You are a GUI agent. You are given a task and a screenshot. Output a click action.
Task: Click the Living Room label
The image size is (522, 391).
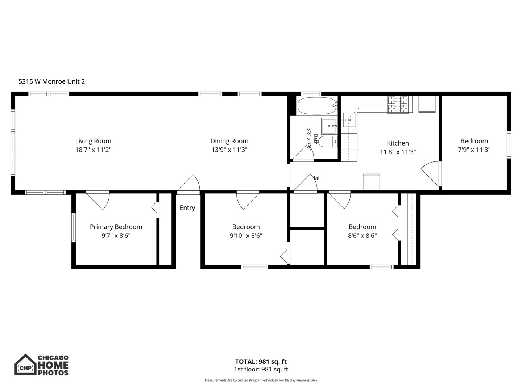click(93, 141)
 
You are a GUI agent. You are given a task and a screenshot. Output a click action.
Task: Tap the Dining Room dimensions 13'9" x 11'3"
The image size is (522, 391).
click(229, 150)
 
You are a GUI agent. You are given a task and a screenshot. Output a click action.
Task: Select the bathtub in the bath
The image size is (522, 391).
click(317, 106)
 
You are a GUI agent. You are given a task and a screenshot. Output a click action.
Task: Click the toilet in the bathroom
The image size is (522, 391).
click(328, 142)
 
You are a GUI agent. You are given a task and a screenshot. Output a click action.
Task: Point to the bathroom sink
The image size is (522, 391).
click(329, 126)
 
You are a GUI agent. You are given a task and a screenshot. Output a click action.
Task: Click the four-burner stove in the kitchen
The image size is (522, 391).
click(398, 105)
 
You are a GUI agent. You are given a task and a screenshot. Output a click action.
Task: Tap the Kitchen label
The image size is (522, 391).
click(398, 143)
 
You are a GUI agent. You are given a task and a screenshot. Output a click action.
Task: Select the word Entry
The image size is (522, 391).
click(187, 208)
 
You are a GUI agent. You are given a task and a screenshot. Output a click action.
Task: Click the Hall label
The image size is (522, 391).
click(316, 178)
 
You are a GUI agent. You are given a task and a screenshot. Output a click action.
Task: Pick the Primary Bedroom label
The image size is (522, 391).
click(116, 227)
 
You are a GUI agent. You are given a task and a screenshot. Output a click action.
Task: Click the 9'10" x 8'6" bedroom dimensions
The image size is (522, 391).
click(246, 236)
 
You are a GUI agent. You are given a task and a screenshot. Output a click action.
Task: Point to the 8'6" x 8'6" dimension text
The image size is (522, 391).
click(362, 236)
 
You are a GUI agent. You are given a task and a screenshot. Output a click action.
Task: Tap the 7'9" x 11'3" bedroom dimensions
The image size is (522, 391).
click(474, 150)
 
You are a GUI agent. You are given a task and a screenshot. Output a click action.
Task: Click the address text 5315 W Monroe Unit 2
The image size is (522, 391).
click(51, 82)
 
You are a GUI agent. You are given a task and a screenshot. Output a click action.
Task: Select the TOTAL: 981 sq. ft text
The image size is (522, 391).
click(261, 362)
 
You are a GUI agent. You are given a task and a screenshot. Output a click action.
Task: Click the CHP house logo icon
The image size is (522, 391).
click(25, 365)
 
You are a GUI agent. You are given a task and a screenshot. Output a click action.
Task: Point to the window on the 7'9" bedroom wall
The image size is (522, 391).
click(509, 145)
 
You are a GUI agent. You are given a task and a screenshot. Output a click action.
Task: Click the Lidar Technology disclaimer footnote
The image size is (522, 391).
click(261, 380)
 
